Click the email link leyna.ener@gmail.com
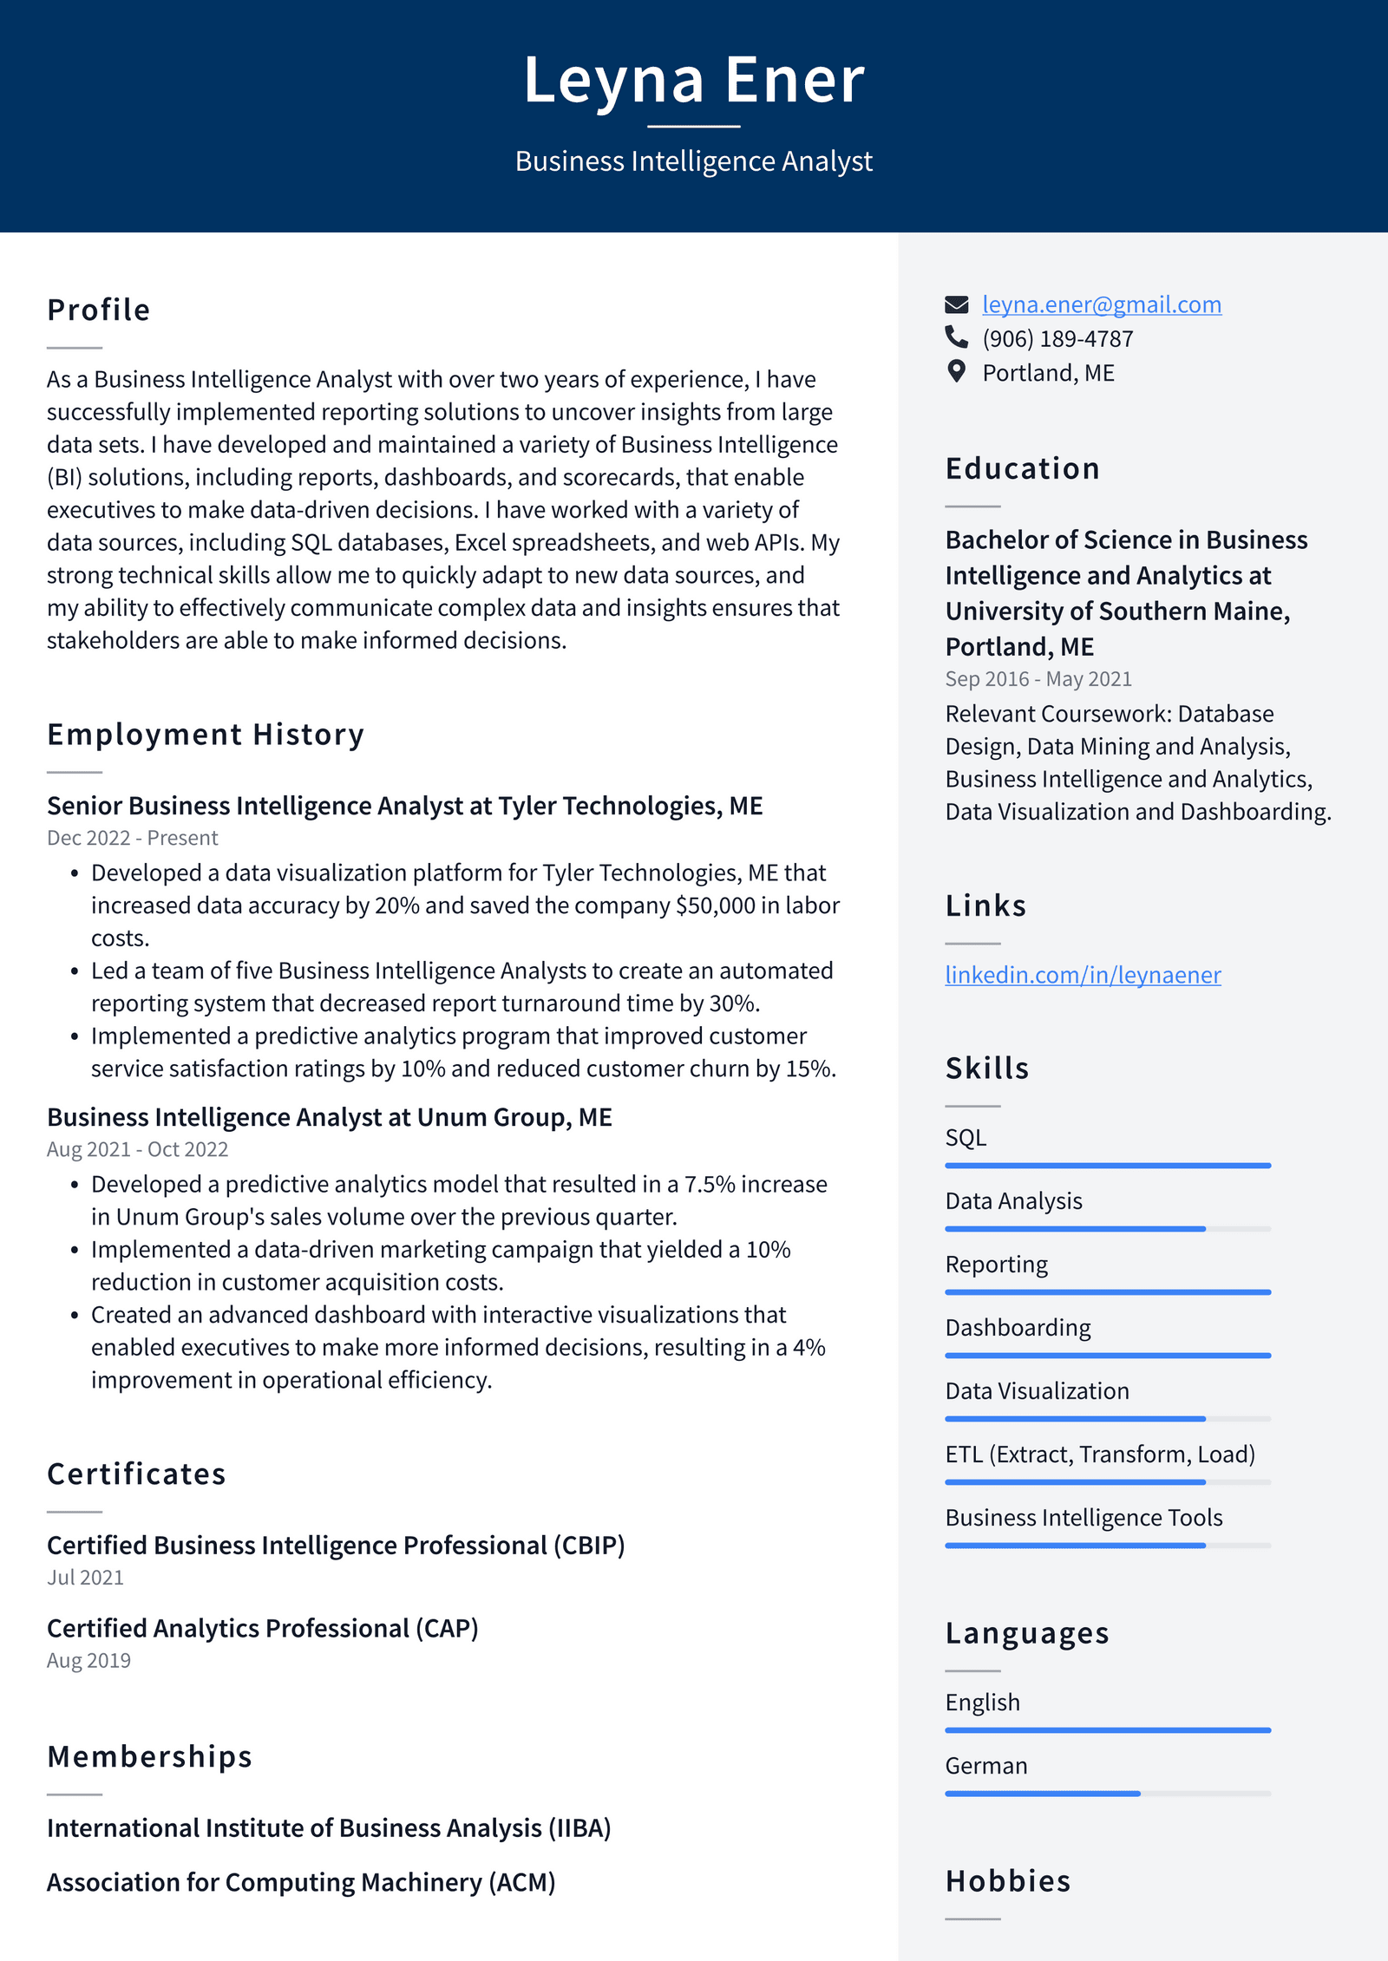tap(1101, 304)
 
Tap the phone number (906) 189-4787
tap(1057, 338)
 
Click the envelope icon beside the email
tap(956, 304)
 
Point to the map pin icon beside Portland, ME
tap(956, 372)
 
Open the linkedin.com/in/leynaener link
tap(1082, 975)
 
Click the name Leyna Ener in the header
tap(693, 80)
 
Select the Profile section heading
tap(99, 310)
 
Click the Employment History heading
tap(206, 735)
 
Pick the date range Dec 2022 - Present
tap(132, 838)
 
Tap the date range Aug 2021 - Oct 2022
tap(137, 1149)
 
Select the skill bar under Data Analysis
tap(1107, 1229)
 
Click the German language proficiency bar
tap(1107, 1794)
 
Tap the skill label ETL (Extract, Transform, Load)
tap(1100, 1454)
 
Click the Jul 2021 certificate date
tap(85, 1578)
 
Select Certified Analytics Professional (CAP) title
tap(262, 1629)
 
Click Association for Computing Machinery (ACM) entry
tap(300, 1883)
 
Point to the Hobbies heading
tap(1007, 1881)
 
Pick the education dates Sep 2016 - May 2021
tap(1038, 679)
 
